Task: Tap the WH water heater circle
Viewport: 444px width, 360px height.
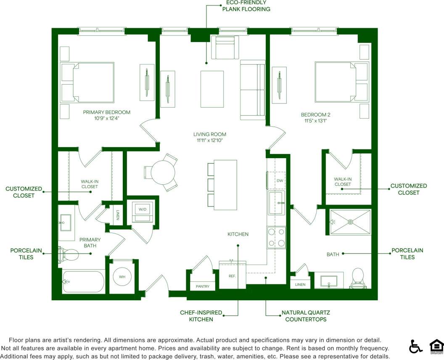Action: pos(122,277)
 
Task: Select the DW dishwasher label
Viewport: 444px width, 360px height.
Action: pos(280,180)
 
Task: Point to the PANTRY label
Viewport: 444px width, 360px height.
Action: pos(202,286)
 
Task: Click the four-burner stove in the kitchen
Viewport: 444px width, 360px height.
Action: pos(276,237)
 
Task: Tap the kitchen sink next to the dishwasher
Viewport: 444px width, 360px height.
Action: pos(277,203)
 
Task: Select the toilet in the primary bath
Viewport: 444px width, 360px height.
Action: pos(69,254)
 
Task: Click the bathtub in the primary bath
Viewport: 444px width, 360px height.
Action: pos(83,281)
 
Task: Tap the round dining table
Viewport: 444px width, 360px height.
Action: pos(163,173)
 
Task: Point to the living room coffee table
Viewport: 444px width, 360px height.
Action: pos(212,89)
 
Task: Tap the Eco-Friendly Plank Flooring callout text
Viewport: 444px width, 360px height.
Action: pos(246,5)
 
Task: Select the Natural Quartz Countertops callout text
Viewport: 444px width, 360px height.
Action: pos(305,316)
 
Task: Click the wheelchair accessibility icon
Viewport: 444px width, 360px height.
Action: pos(415,346)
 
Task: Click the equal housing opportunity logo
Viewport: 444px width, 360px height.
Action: pos(436,346)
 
